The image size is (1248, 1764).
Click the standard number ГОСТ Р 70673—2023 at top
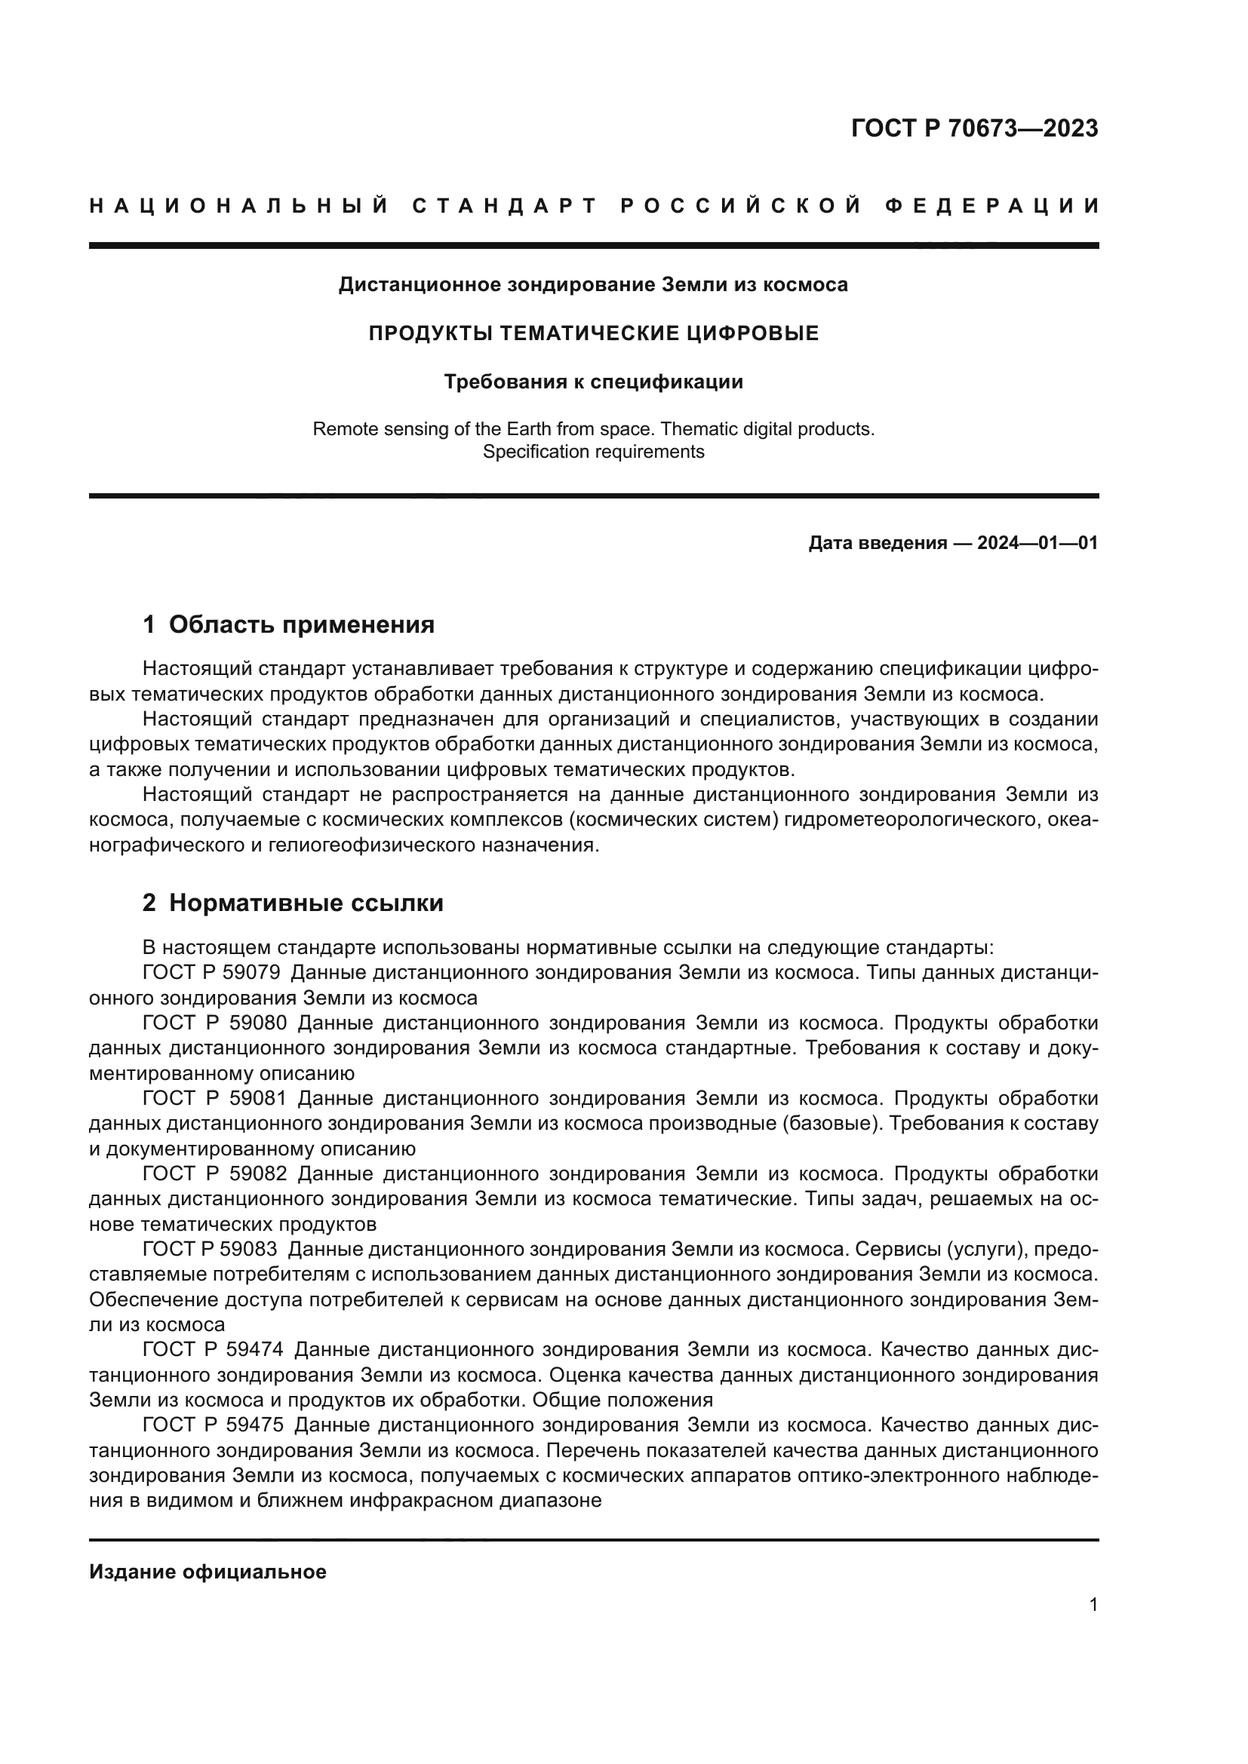coord(974,128)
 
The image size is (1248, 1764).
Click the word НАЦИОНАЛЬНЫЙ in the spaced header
coord(239,206)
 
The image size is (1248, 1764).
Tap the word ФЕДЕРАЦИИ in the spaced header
coord(992,206)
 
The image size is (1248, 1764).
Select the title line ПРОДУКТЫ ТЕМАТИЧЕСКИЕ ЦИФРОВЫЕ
coord(593,333)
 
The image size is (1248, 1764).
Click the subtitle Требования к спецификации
coord(593,382)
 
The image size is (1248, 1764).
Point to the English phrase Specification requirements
coord(593,452)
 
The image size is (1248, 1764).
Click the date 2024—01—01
coord(1037,543)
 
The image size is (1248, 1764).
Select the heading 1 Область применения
coord(289,624)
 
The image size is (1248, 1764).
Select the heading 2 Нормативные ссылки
coord(293,903)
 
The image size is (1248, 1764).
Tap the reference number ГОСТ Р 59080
coord(214,1023)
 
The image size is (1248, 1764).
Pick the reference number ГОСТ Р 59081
coord(214,1099)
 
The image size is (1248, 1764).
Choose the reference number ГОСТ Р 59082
coord(214,1174)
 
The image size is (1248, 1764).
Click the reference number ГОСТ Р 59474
coord(213,1350)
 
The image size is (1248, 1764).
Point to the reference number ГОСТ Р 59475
coord(213,1425)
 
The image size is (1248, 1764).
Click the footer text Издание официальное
coord(207,1572)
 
